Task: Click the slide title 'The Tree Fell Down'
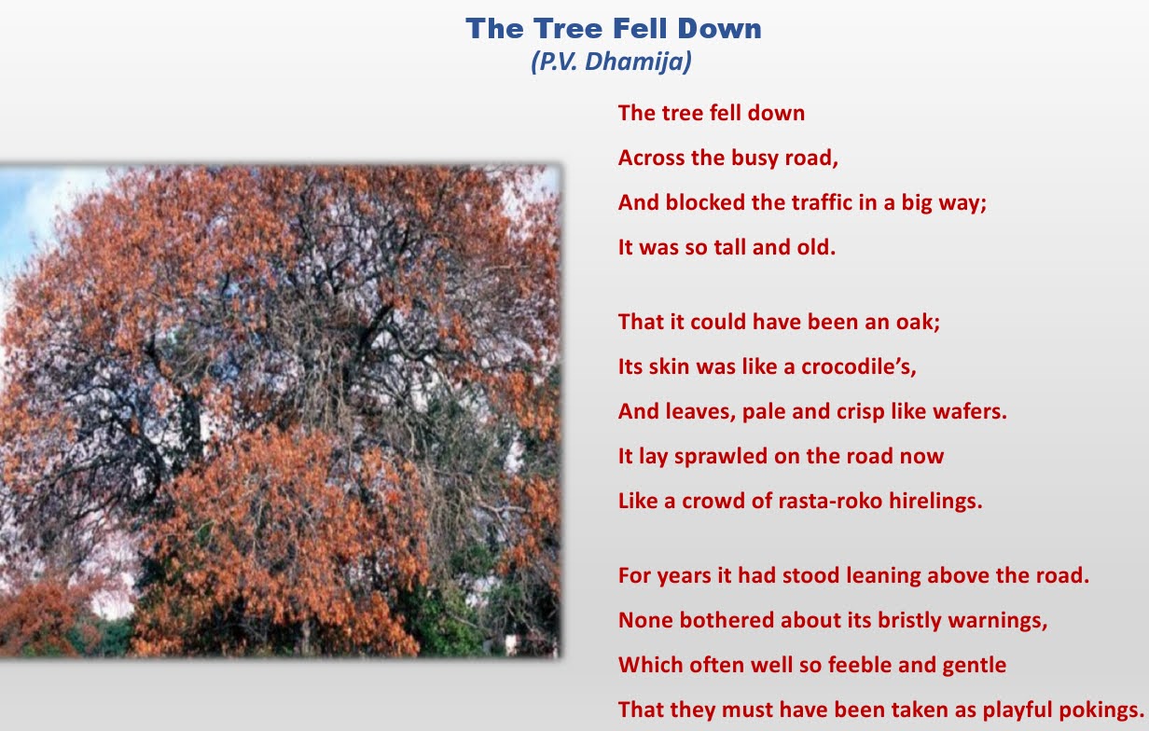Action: click(x=614, y=28)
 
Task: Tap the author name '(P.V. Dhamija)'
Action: click(x=611, y=62)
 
